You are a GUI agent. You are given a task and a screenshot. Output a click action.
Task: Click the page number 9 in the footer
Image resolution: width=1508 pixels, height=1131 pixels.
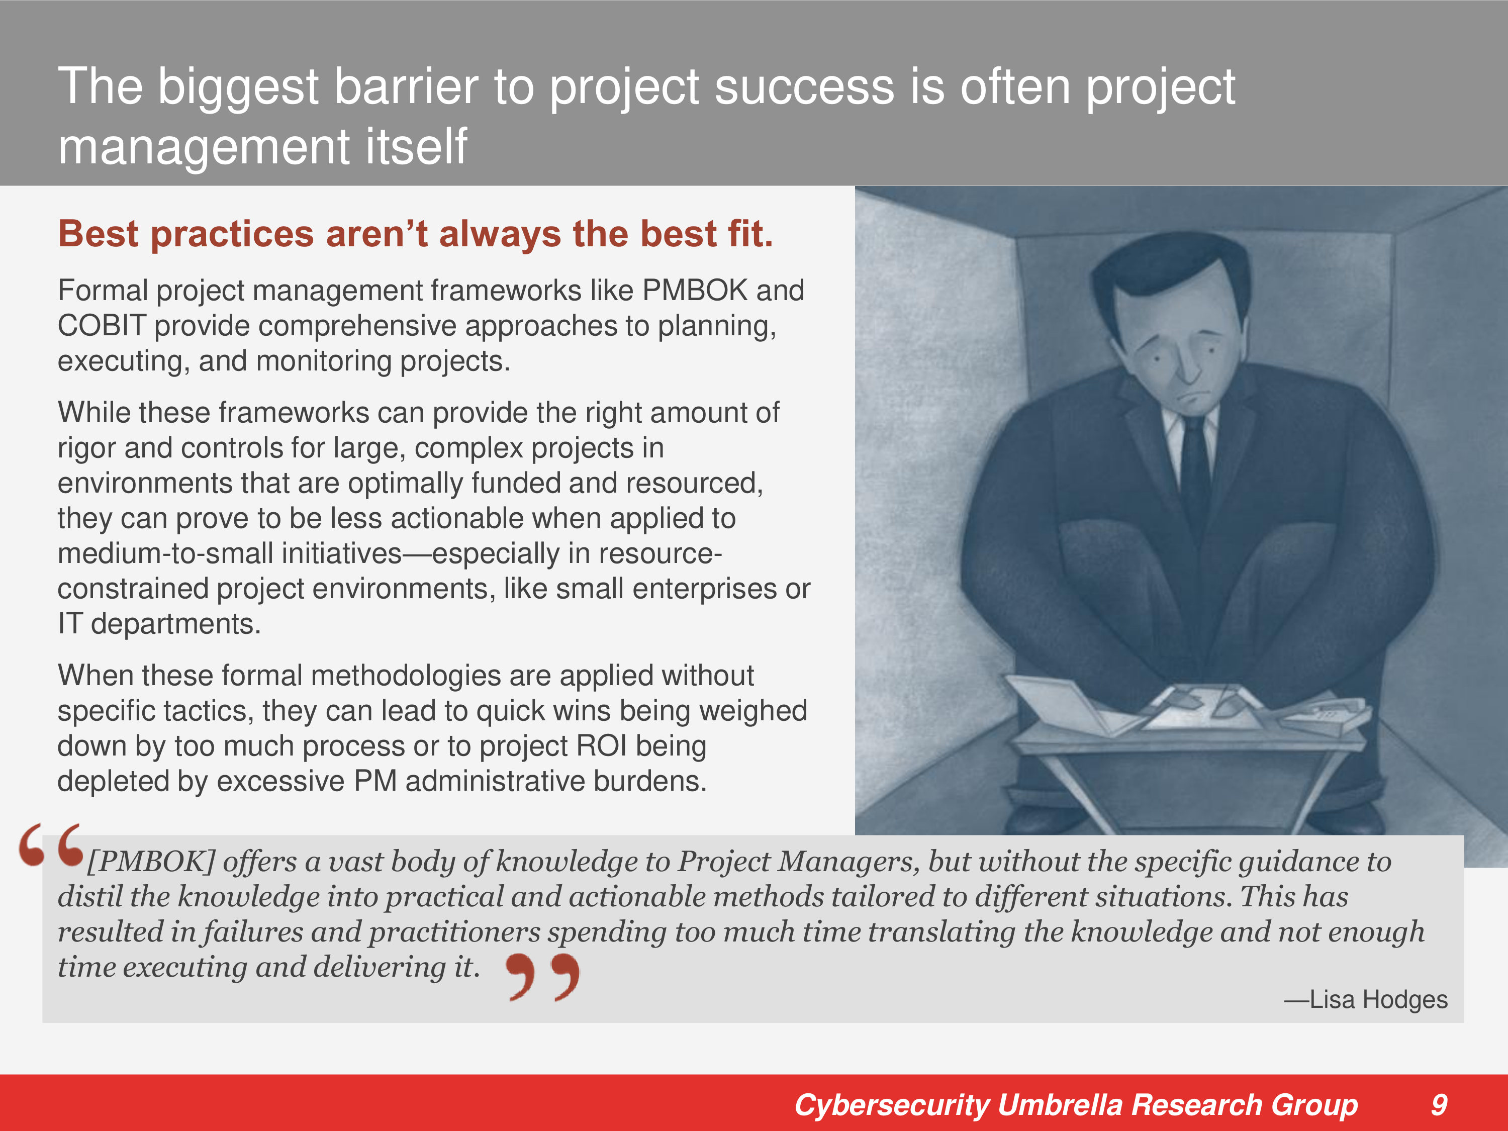click(x=1439, y=1104)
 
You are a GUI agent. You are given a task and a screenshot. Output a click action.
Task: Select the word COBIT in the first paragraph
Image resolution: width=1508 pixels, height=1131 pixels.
click(x=102, y=325)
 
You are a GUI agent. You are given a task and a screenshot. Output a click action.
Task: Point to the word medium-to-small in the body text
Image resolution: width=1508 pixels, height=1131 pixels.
click(x=230, y=553)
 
